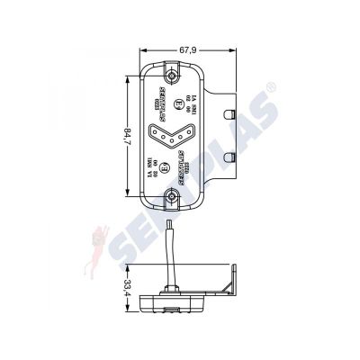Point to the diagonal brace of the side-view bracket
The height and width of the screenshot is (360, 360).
tap(226, 286)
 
